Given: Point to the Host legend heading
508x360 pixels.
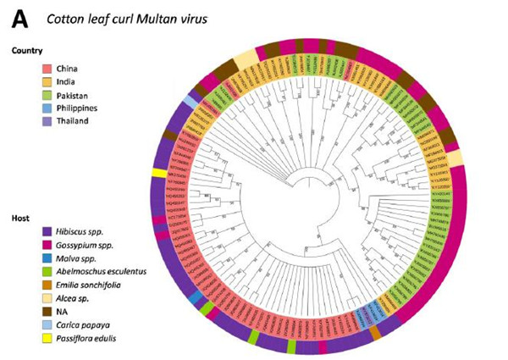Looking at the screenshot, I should [19, 218].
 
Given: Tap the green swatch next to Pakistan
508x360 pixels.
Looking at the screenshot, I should [52, 96].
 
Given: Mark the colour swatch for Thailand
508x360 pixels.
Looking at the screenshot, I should [52, 121].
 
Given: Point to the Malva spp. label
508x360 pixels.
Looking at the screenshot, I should [82, 258].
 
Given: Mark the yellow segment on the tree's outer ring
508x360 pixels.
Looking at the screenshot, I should [157, 173].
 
